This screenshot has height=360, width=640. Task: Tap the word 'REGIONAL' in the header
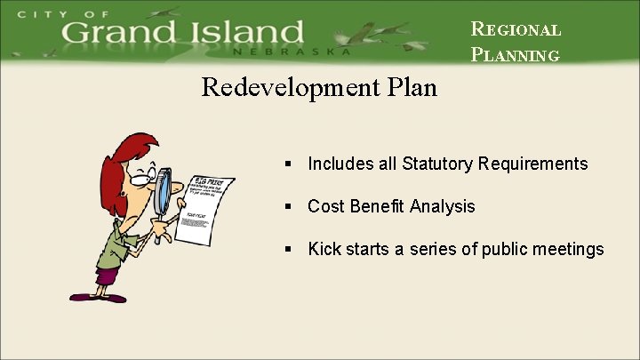[x=516, y=28]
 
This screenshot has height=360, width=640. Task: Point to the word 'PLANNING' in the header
[x=516, y=55]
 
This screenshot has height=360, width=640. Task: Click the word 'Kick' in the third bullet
[x=324, y=249]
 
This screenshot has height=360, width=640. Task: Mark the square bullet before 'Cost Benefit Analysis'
[x=289, y=207]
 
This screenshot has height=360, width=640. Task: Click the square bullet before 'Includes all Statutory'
[x=289, y=164]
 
